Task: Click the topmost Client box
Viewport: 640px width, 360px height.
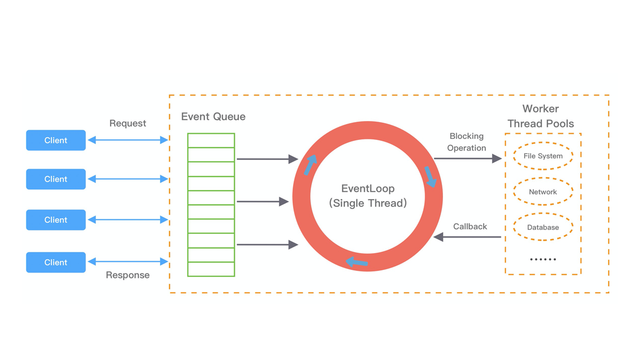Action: pos(55,140)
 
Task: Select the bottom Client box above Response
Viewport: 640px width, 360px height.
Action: pos(55,262)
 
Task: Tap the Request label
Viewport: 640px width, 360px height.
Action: pos(127,123)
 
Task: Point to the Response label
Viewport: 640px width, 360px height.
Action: pos(127,275)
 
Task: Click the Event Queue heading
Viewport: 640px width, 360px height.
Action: pos(213,116)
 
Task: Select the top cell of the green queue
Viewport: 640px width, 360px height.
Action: pos(211,140)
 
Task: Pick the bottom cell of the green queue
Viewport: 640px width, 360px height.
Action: pos(211,269)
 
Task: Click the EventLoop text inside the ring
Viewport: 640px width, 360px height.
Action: pos(368,188)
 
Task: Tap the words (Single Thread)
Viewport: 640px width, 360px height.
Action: pos(368,203)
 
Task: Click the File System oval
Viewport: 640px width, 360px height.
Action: pos(543,156)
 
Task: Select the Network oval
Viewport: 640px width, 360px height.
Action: pos(543,191)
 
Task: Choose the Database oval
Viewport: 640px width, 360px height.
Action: pos(543,227)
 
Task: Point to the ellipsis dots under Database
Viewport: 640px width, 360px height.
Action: pos(543,259)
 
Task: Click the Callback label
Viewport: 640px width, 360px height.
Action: pos(470,226)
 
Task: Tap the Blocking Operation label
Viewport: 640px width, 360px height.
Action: pos(466,142)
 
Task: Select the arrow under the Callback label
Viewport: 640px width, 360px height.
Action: pos(467,237)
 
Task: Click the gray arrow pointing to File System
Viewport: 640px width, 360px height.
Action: pos(468,158)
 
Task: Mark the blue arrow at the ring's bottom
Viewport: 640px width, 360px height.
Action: pos(356,262)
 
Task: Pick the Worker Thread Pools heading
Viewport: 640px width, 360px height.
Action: pos(540,116)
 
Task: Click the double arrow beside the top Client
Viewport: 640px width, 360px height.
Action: pos(127,140)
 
